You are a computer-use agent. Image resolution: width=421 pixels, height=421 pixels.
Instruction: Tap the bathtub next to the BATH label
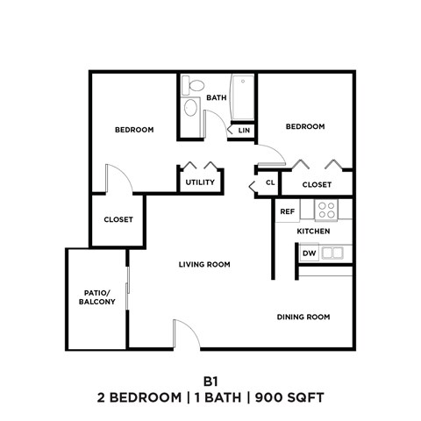pyautogui.click(x=241, y=101)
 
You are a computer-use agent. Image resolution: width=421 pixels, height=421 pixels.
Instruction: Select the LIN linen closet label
pyautogui.click(x=244, y=131)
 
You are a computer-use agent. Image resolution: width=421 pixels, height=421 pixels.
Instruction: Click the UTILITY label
pyautogui.click(x=199, y=182)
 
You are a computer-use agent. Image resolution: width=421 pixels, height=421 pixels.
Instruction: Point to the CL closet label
pyautogui.click(x=271, y=183)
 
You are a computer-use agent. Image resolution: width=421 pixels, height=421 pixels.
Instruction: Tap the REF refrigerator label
pyautogui.click(x=287, y=211)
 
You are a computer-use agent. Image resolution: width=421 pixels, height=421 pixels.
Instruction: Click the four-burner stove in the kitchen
pyautogui.click(x=326, y=210)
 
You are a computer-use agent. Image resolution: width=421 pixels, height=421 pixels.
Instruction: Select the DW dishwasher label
pyautogui.click(x=309, y=253)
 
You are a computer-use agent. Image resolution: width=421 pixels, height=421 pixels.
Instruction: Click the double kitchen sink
pyautogui.click(x=332, y=253)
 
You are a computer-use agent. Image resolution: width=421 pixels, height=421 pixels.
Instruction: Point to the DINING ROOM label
pyautogui.click(x=303, y=317)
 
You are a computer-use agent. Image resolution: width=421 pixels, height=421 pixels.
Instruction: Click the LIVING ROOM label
pyautogui.click(x=204, y=264)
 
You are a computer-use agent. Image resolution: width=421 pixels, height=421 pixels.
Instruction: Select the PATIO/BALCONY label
pyautogui.click(x=96, y=296)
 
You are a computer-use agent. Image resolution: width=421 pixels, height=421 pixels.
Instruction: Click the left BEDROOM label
pyautogui.click(x=134, y=130)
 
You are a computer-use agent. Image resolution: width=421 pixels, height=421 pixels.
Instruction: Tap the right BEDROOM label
pyautogui.click(x=305, y=126)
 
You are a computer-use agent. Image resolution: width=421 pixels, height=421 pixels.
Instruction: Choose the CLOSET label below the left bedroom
pyautogui.click(x=118, y=219)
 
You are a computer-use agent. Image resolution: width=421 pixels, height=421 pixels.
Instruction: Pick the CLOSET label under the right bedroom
pyautogui.click(x=317, y=184)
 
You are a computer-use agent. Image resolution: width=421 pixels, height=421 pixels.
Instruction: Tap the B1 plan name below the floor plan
pyautogui.click(x=210, y=382)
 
